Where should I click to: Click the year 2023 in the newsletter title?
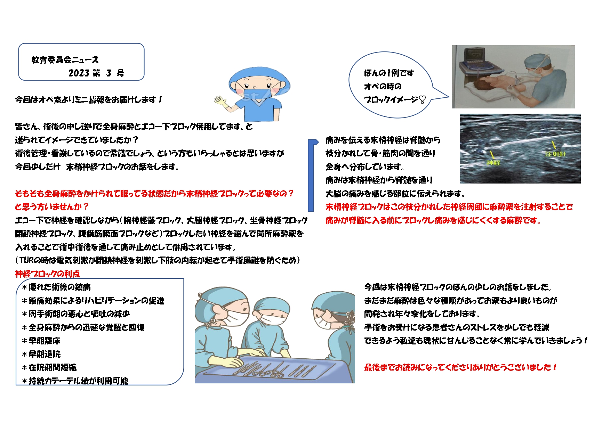click(79, 73)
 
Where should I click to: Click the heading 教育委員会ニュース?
click(65, 60)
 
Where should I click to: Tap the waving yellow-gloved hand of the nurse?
click(220, 101)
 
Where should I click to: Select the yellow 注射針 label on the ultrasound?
click(555, 154)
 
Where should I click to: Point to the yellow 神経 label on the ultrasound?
click(493, 162)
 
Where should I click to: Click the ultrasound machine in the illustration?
click(480, 63)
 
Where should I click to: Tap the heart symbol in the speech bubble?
click(422, 100)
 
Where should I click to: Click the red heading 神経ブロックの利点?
click(47, 274)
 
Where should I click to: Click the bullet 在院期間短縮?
click(49, 367)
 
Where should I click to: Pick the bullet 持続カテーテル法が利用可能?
click(75, 381)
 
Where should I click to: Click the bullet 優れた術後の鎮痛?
click(56, 287)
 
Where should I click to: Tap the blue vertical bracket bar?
click(311, 176)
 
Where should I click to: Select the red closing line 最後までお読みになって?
click(460, 367)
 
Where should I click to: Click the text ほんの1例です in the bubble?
click(389, 73)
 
